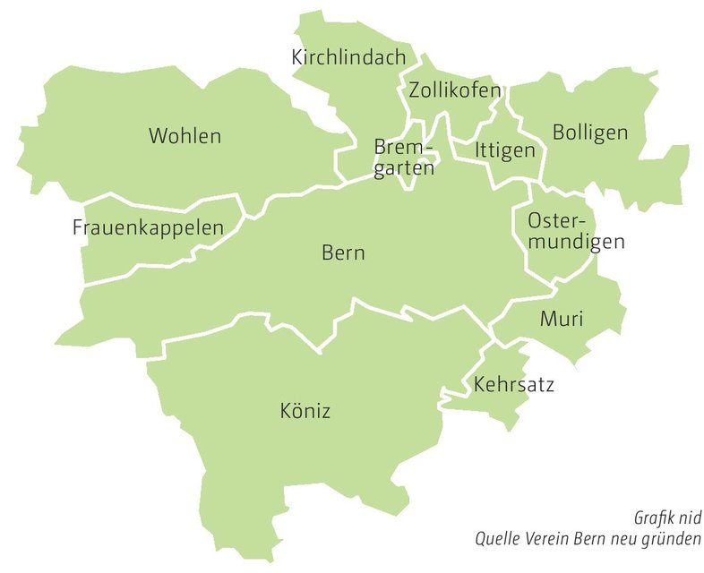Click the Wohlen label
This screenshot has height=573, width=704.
(185, 137)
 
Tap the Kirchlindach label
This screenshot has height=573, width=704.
(348, 57)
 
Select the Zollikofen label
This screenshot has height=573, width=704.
(454, 90)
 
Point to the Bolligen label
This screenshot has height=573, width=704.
(590, 133)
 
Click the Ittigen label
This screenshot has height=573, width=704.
(505, 150)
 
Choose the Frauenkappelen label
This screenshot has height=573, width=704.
(148, 228)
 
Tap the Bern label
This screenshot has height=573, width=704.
(343, 253)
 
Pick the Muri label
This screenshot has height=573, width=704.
(562, 319)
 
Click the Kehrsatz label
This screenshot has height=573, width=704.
(514, 386)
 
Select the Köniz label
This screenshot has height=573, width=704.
(305, 412)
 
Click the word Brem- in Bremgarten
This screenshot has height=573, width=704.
(402, 147)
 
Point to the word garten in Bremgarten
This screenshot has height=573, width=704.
(404, 167)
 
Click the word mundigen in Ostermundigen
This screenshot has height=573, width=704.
(576, 242)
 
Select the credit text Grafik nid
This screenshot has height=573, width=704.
(668, 518)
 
